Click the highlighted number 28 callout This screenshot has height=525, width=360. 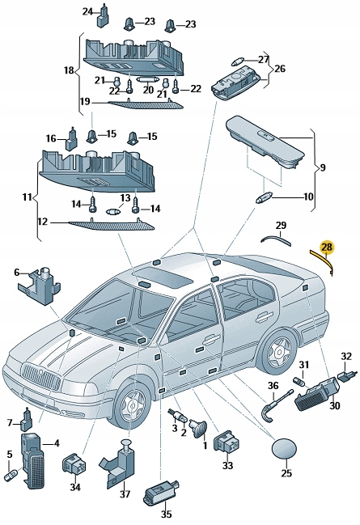[x=327, y=248]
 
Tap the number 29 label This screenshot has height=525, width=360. [x=281, y=226]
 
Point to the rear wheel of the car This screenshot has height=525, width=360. [x=278, y=351]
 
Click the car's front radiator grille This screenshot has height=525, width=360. [x=41, y=377]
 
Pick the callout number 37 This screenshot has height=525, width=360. [x=125, y=494]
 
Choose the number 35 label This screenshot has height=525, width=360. [x=166, y=514]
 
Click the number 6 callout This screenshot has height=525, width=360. [x=17, y=273]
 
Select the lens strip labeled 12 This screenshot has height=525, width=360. [x=112, y=225]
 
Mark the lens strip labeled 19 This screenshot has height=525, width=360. [x=146, y=104]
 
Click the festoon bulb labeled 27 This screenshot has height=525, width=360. [x=237, y=62]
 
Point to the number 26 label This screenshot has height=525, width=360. [x=280, y=69]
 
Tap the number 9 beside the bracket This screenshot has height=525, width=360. [x=323, y=167]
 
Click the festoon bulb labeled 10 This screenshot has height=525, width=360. [x=265, y=199]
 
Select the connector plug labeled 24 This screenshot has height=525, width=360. [x=103, y=16]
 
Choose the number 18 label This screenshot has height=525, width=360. [x=69, y=70]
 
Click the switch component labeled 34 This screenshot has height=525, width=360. [x=74, y=464]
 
